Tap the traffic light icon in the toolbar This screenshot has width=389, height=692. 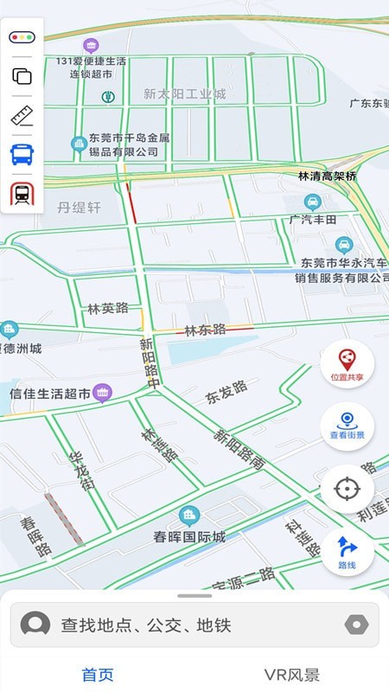pos(22,37)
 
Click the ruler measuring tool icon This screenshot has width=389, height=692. pos(22,116)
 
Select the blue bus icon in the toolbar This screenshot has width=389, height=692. pos(22,155)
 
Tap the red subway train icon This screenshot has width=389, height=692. pos(22,194)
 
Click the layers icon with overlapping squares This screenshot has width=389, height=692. pos(22,76)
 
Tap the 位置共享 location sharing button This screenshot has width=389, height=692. pos(347,362)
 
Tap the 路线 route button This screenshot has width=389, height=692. pos(347,551)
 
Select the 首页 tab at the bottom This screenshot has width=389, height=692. pos(98,675)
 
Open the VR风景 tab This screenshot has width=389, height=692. pos(291,675)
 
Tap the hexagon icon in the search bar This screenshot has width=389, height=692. pos(356,625)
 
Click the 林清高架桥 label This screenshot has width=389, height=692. pos(327,176)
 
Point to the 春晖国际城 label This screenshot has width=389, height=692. pos(189,537)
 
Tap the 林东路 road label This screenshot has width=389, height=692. pos(206,330)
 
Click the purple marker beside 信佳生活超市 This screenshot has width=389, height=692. pos(103,393)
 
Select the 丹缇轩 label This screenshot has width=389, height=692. pos(80,208)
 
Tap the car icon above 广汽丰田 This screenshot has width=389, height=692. pos(313,202)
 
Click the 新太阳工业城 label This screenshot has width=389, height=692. pos(184,93)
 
